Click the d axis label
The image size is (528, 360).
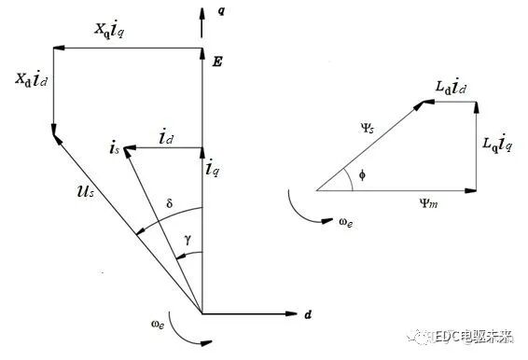point(307,315)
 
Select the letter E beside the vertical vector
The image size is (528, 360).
point(217,62)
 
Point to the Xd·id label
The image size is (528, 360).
point(27,80)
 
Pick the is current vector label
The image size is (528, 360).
point(114,148)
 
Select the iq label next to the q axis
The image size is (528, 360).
point(213,170)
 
